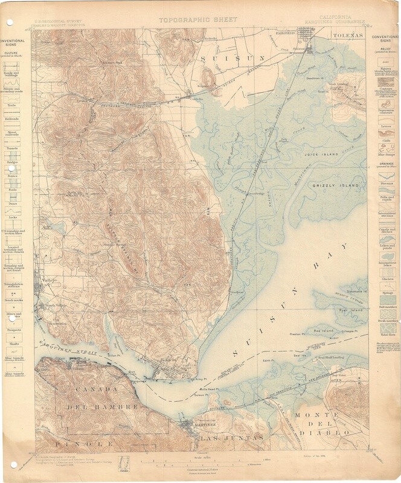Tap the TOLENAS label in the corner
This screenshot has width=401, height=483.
349,36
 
